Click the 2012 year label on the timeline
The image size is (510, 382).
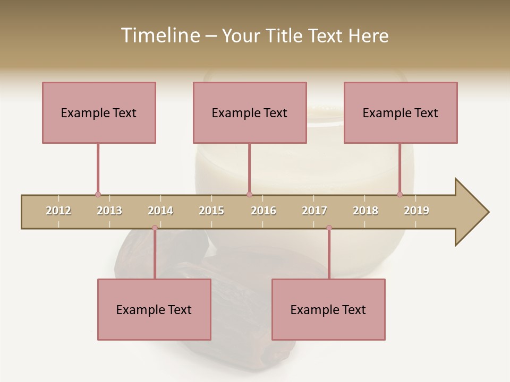pyautogui.click(x=58, y=211)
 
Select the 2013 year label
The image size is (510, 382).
pyautogui.click(x=109, y=211)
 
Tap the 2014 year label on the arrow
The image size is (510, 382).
pyautogui.click(x=160, y=211)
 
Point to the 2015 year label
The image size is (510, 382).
pyautogui.click(x=211, y=211)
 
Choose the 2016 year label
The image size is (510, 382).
pyautogui.click(x=263, y=211)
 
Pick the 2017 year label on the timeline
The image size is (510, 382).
pyautogui.click(x=314, y=211)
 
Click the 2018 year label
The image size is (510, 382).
pyautogui.click(x=365, y=211)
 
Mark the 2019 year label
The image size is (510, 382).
pyautogui.click(x=416, y=211)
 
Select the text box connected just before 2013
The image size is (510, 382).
pyautogui.click(x=99, y=112)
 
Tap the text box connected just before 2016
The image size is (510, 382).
pyautogui.click(x=250, y=112)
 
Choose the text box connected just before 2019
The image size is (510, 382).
pyautogui.click(x=401, y=112)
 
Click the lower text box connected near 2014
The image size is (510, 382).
pyautogui.click(x=154, y=309)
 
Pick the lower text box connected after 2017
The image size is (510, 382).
pyautogui.click(x=328, y=309)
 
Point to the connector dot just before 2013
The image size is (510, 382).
pyautogui.click(x=98, y=195)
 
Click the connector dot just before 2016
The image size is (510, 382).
pyautogui.click(x=249, y=195)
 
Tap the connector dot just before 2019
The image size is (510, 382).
pyautogui.click(x=399, y=195)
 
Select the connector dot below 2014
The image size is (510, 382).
pyautogui.click(x=155, y=228)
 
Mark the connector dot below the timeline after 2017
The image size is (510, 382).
pyautogui.click(x=329, y=228)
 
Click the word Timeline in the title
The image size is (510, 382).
pyautogui.click(x=159, y=36)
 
